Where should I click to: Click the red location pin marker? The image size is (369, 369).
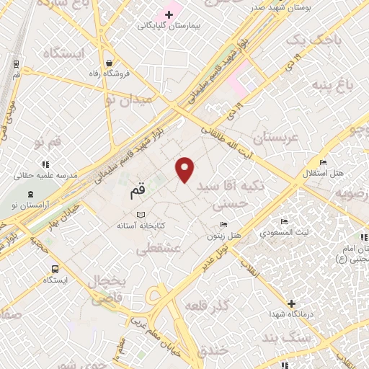click(185, 169)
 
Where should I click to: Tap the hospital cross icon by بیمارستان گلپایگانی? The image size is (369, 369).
click(169, 14)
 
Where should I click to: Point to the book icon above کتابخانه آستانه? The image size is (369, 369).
click(141, 215)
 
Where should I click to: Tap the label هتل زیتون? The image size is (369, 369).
click(224, 235)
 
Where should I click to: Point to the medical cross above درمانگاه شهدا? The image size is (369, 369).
click(291, 304)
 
